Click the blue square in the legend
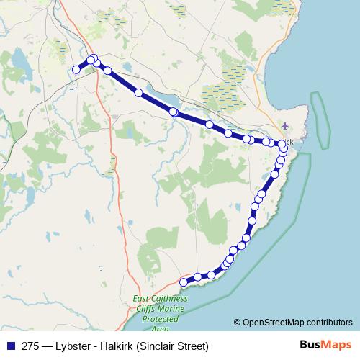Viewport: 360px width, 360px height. click(x=9, y=345)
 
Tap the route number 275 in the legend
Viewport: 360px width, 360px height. click(x=30, y=345)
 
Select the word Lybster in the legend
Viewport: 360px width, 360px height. click(x=75, y=345)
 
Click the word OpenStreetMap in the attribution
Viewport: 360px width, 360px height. click(x=274, y=322)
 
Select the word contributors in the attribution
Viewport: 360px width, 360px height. click(x=329, y=322)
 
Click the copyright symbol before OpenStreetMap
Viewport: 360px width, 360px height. click(x=238, y=322)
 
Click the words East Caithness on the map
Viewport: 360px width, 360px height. click(x=159, y=299)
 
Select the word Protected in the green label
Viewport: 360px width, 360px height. click(x=159, y=318)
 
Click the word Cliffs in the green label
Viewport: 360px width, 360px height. click(x=144, y=308)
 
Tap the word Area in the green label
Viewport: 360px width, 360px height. click(x=159, y=327)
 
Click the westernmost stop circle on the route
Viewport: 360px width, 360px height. click(x=76, y=69)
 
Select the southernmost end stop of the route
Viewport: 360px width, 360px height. click(x=184, y=282)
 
